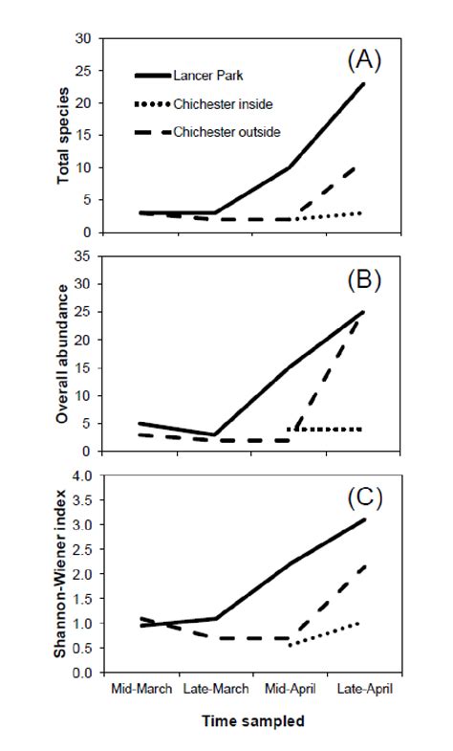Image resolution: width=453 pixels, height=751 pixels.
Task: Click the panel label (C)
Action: point(363,498)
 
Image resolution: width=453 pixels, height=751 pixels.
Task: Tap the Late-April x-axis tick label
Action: point(364,688)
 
